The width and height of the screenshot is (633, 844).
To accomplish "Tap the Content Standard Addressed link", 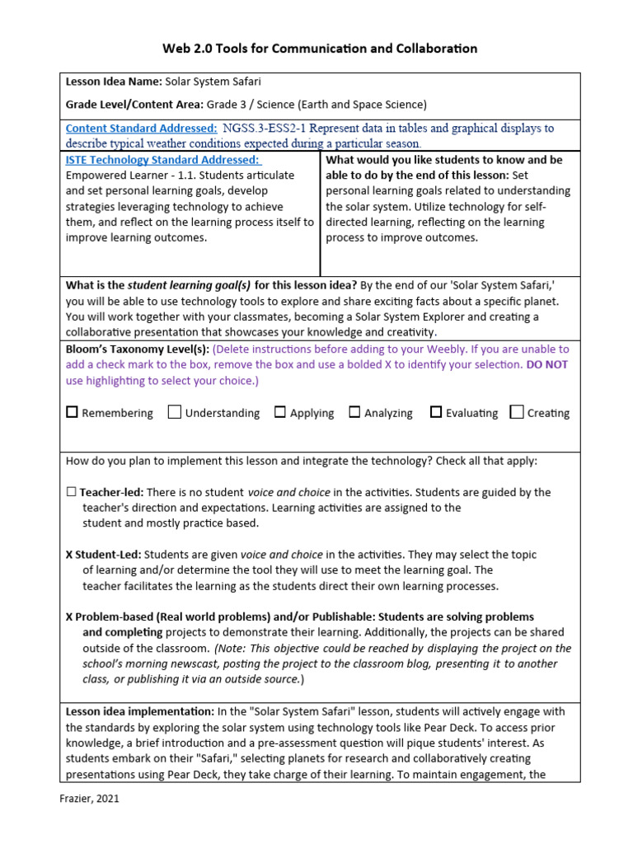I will pyautogui.click(x=141, y=129).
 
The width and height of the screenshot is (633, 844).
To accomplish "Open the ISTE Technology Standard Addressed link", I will pyautogui.click(x=162, y=160).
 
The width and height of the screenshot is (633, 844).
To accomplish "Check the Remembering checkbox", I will pyautogui.click(x=72, y=412).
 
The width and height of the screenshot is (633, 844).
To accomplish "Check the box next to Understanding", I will pyautogui.click(x=175, y=412).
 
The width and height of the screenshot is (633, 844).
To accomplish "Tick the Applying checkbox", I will pyautogui.click(x=280, y=412).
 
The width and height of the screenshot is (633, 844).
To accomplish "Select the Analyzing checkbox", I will pyautogui.click(x=354, y=412).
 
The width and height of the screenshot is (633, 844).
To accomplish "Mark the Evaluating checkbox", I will pyautogui.click(x=436, y=412).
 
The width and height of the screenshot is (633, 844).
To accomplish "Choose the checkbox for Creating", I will pyautogui.click(x=517, y=412).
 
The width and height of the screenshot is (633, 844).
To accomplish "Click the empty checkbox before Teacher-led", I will pyautogui.click(x=71, y=492).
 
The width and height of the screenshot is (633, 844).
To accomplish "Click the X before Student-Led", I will pyautogui.click(x=69, y=555).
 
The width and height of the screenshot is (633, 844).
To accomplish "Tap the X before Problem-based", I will pyautogui.click(x=69, y=617).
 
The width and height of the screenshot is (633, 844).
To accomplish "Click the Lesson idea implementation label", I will pyautogui.click(x=139, y=711).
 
